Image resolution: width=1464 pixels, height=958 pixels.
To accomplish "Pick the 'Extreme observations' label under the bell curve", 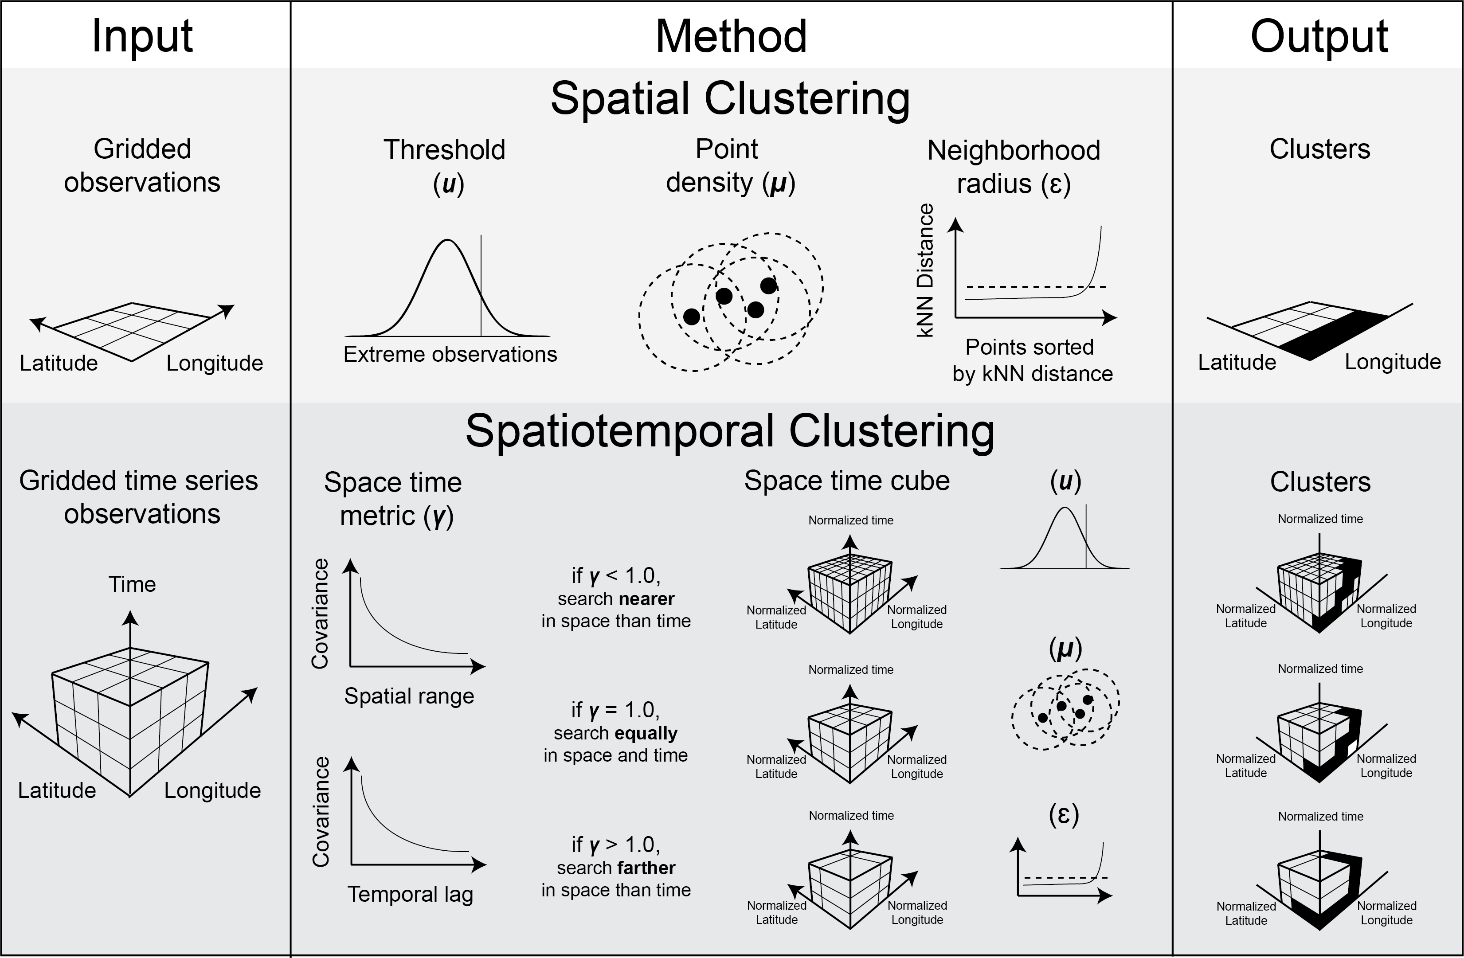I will point(450,354).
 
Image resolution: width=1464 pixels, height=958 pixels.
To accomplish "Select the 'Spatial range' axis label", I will point(409,696).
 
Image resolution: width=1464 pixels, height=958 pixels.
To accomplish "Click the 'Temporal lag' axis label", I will point(410,894).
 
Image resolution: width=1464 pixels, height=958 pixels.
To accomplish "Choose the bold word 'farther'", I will point(646,868).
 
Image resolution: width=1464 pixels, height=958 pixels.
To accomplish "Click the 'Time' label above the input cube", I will point(132,584).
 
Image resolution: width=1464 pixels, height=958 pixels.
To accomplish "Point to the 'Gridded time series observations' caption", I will point(139,497).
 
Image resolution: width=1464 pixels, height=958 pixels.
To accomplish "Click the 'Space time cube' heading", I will point(846,481).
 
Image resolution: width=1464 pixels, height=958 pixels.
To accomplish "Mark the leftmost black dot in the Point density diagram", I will point(691,317).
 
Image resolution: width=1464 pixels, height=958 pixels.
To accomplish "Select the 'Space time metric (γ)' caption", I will point(394,499).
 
